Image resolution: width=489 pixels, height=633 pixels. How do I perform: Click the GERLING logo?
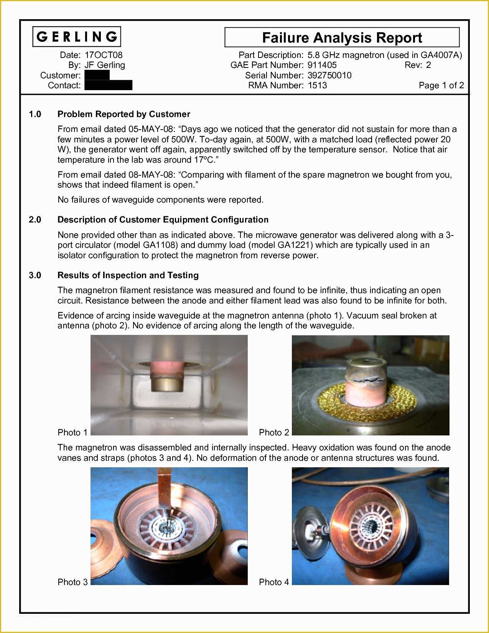point(77,37)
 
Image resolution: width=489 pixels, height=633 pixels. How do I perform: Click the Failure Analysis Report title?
point(342,38)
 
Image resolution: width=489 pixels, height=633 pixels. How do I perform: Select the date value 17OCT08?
point(103,55)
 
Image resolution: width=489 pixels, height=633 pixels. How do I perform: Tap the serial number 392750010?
point(329,75)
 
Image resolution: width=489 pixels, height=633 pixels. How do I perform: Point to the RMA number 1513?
point(317,85)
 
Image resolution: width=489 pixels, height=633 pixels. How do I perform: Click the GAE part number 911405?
point(322,65)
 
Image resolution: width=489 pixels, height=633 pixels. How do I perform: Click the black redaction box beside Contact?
point(108,85)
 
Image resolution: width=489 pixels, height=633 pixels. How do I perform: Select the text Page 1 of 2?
point(441,85)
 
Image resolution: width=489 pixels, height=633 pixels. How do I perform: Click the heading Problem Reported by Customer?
point(123,114)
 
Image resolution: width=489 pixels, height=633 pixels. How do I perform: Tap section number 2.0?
point(35,219)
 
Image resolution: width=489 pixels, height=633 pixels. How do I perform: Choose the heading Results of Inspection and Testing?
point(128,275)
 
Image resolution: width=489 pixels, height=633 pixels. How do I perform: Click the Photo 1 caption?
point(72,432)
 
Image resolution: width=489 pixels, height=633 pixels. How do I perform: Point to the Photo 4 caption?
point(274,582)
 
